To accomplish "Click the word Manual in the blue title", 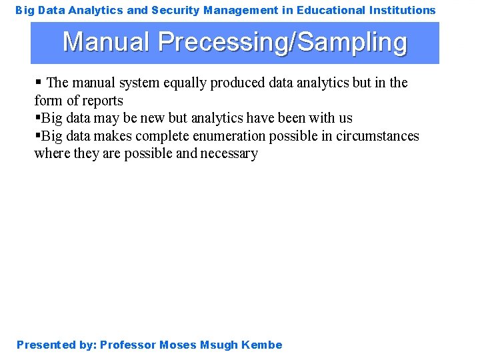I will pyautogui.click(x=106, y=42).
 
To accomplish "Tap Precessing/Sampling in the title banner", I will pyautogui.click(x=282, y=43).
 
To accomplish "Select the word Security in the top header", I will pyautogui.click(x=175, y=10).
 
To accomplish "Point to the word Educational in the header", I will pyautogui.click(x=330, y=10).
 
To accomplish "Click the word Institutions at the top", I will pyautogui.click(x=402, y=10).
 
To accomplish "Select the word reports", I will pyautogui.click(x=103, y=101).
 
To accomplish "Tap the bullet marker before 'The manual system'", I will pyautogui.click(x=38, y=83).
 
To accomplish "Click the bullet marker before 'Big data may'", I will pyautogui.click(x=37, y=118).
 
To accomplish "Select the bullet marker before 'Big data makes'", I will pyautogui.click(x=37, y=136).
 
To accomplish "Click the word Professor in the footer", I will pyautogui.click(x=128, y=345).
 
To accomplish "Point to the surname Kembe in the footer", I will pyautogui.click(x=262, y=345).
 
